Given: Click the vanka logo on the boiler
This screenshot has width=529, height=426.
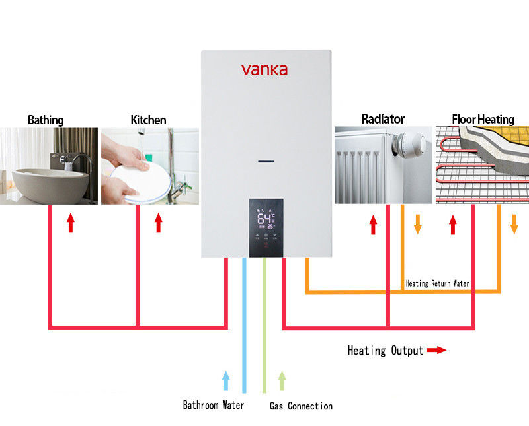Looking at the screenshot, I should coord(264,69).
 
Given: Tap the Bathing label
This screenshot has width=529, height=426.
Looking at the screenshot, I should coord(46,120).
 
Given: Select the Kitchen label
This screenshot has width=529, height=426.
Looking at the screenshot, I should coord(148,120).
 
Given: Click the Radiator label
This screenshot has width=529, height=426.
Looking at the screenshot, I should coord(383,119).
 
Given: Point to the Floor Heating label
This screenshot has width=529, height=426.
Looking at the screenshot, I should coord(483,120).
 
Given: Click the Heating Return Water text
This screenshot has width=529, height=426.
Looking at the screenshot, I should coord(437,283).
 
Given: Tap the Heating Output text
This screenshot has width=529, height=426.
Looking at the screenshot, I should coord(386,351).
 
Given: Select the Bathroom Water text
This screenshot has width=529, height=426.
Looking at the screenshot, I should coord(214,405).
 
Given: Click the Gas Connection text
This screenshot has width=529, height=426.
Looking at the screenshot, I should coord(301,406).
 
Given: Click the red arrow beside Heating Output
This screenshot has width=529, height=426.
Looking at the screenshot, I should coord(436,351).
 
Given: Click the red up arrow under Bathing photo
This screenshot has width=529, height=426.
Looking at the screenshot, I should coord(71,223).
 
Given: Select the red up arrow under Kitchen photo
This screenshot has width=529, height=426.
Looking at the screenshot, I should coord(158,223).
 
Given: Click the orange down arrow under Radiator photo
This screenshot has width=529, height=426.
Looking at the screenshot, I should coord(417,224).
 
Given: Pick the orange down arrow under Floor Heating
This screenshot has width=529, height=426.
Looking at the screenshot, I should coord(514,224).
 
